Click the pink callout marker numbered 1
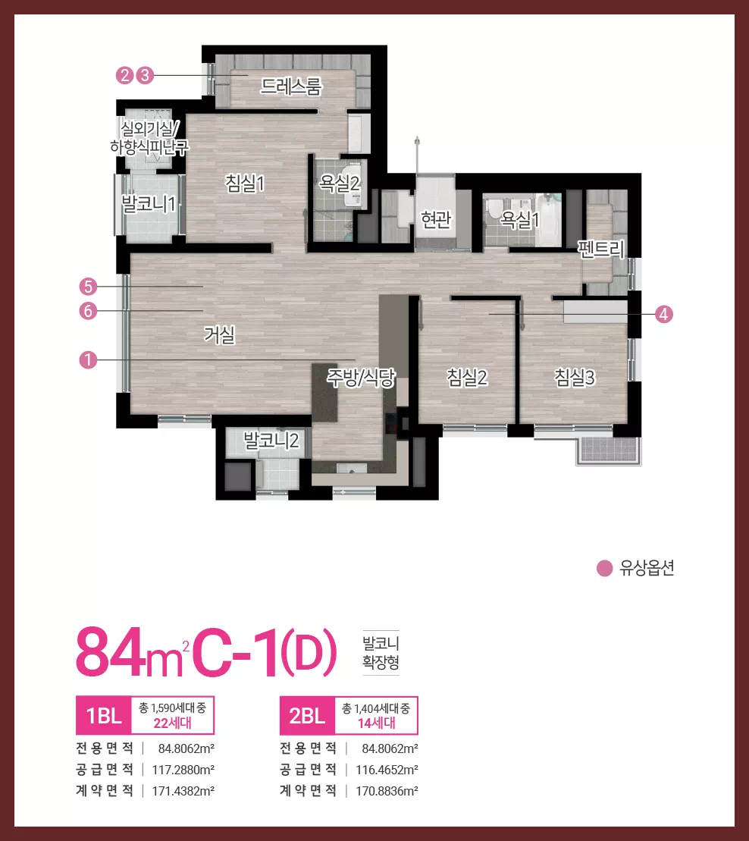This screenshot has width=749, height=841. [88, 359]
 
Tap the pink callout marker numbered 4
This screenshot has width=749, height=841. [664, 314]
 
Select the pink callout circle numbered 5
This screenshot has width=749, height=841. [88, 287]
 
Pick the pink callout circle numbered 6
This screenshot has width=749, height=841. [88, 311]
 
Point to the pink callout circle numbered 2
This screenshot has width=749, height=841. [125, 75]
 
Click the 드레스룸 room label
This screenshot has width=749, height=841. [290, 86]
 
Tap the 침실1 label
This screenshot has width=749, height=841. [245, 184]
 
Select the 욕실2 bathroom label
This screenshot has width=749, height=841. [339, 184]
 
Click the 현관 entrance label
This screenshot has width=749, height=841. [436, 219]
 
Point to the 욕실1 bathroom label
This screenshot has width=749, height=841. [519, 219]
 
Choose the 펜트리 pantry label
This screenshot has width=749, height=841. [601, 249]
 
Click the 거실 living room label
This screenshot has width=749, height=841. [220, 334]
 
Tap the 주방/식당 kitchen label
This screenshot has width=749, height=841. [361, 378]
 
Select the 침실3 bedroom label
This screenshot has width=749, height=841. [575, 378]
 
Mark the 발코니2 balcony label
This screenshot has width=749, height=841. [271, 441]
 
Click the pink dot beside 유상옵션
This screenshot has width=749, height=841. [605, 568]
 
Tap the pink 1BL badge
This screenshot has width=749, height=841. [103, 715]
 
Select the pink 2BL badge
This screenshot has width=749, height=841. [307, 715]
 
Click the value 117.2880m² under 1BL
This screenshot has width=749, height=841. [183, 770]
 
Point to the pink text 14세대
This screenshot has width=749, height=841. [376, 723]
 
